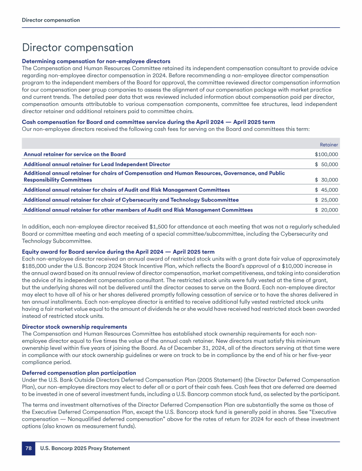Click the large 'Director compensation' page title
[78, 48]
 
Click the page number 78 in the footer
[28, 448]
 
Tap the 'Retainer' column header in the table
[329, 145]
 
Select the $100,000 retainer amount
[326, 154]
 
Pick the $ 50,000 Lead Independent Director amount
[326, 164]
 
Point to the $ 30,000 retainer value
[326, 180]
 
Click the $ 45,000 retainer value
[326, 190]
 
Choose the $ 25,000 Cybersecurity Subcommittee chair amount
[326, 200]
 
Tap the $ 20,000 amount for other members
[326, 210]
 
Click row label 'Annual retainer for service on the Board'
[74, 154]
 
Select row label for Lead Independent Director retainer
[97, 164]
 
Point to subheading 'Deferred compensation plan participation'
[79, 373]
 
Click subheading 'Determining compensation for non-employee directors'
[96, 61]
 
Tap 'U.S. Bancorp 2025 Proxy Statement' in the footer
[85, 448]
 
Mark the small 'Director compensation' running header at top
[51, 20]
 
